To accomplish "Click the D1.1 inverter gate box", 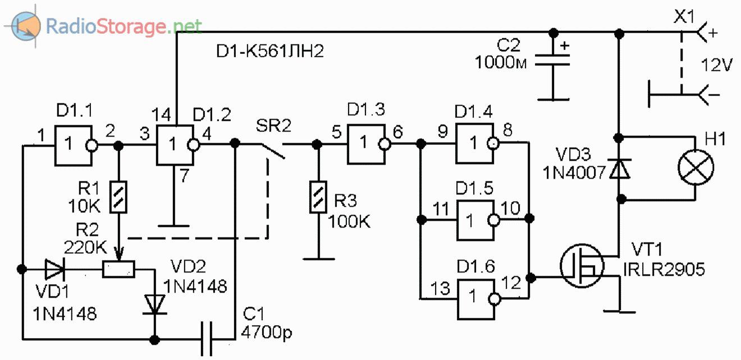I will point(73,145).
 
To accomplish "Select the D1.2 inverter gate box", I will point(175,145).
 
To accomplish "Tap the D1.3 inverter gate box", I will point(365,144).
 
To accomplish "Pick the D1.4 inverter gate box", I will point(475,144).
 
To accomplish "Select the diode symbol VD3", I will point(619,168).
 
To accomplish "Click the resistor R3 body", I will point(318,197).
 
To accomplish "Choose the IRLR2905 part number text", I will point(664,271).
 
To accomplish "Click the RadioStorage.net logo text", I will point(124,25).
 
